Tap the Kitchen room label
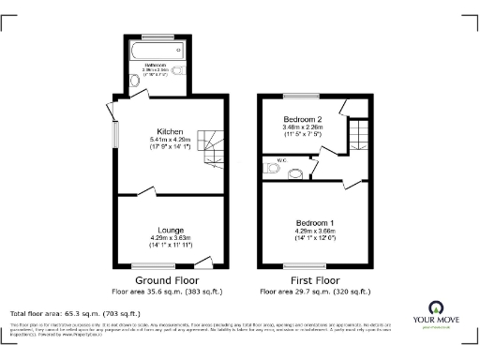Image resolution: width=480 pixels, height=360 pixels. point(170,131)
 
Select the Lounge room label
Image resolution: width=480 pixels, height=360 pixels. point(170,230)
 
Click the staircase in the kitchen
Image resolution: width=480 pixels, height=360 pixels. point(213,146)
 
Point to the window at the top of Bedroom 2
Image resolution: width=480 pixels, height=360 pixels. point(301,96)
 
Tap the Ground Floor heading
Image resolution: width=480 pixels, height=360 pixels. point(170,280)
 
